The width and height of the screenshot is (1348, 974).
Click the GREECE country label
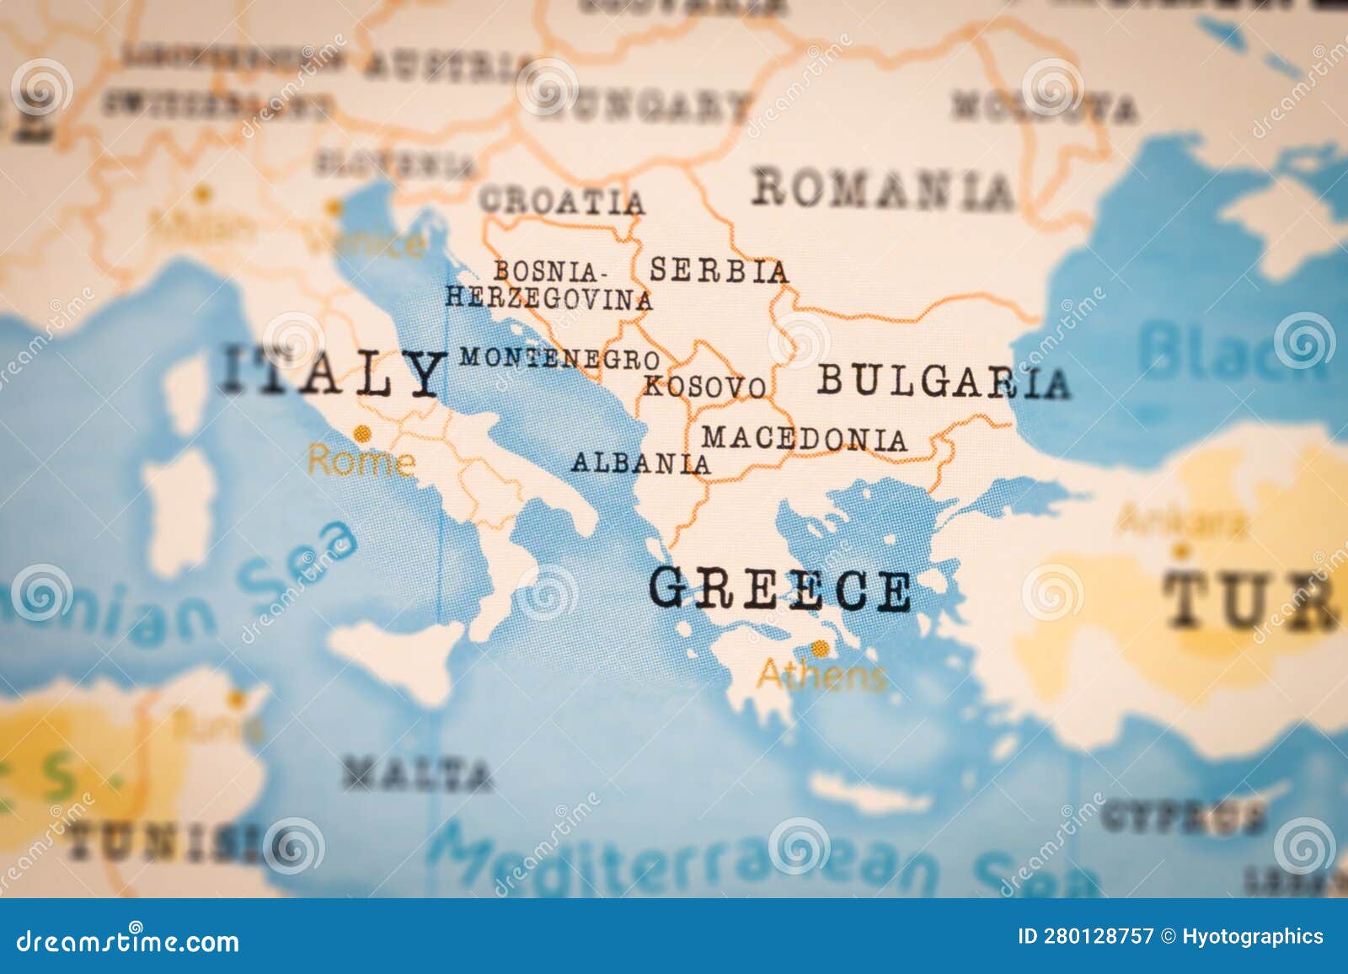tap(779, 589)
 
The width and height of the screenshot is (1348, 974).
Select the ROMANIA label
tap(883, 189)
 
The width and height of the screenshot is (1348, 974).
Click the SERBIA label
tap(719, 270)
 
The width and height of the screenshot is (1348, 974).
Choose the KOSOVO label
tap(705, 387)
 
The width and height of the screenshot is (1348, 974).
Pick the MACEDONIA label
tap(805, 438)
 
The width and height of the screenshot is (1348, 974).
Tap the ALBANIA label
tap(640, 463)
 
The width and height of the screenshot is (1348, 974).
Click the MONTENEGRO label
tap(559, 358)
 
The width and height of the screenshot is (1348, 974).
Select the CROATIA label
tap(562, 201)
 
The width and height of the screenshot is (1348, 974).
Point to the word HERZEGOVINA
tap(548, 298)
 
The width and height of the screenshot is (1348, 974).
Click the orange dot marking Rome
tap(363, 434)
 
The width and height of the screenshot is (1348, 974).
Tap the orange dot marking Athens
tap(819, 648)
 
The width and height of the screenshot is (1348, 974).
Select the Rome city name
tap(361, 462)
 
